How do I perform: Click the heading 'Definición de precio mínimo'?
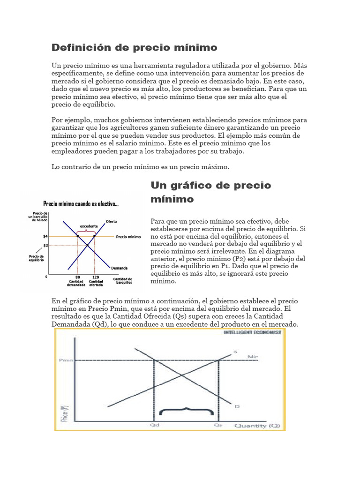coord(134,47)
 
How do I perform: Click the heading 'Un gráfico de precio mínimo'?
coord(211,192)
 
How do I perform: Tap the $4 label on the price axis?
coord(45,237)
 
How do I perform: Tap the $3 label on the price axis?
coord(45,245)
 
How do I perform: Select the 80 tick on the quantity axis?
coord(77,277)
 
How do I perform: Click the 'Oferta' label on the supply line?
coord(112,221)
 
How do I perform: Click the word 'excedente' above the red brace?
coord(86,225)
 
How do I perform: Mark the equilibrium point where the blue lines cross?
coord(87,245)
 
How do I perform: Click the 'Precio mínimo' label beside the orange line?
coord(128,237)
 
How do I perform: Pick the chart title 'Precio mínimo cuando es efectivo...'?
coord(81,204)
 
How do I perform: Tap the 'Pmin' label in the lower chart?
coord(65,360)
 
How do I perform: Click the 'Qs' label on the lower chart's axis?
coord(218,425)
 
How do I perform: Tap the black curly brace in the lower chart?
coord(187,411)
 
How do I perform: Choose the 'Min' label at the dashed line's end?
coord(253,357)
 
